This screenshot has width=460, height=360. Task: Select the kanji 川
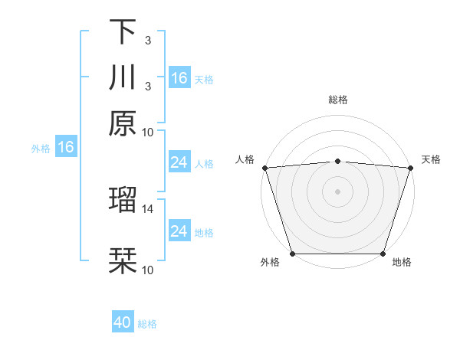(x=123, y=77)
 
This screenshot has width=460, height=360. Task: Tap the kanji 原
(x=123, y=123)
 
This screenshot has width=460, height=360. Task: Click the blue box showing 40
(x=123, y=322)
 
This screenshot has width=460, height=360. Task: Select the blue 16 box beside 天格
(x=179, y=78)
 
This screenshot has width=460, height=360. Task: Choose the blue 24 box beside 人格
(x=179, y=162)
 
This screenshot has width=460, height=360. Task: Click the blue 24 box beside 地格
(x=179, y=231)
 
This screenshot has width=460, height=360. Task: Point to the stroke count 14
(x=148, y=208)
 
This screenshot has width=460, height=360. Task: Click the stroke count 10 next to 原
(x=148, y=132)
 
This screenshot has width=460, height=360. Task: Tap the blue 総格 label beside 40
(x=147, y=324)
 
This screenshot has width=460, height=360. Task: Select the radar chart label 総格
(x=338, y=100)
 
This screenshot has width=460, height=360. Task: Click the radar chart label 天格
(x=431, y=159)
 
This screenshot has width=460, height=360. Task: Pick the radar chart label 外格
(x=270, y=263)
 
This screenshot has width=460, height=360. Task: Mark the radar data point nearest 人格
(x=264, y=168)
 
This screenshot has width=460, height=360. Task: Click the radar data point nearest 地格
(x=383, y=254)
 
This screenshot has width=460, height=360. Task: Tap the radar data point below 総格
(x=338, y=161)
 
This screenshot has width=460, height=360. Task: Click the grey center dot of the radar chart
(x=338, y=191)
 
